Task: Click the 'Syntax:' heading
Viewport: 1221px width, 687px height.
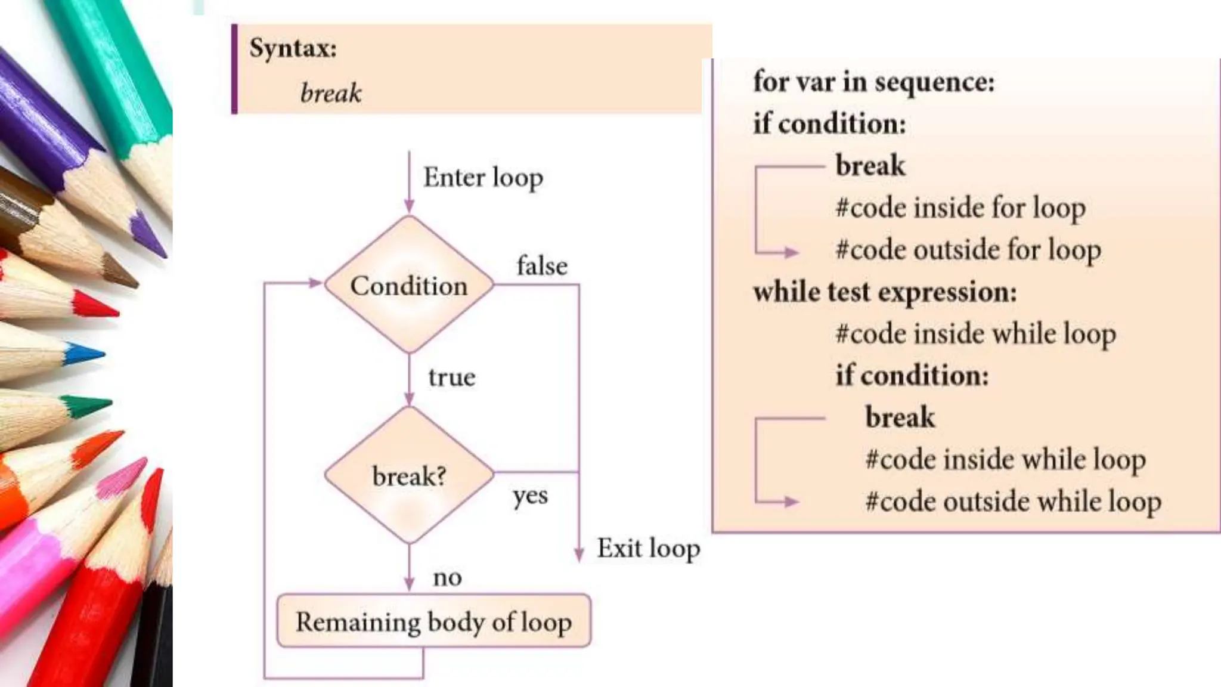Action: (293, 48)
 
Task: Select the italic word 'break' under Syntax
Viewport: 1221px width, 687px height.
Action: (331, 93)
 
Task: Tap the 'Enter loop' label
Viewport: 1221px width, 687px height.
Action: (483, 178)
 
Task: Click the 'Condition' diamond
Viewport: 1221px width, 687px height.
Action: (409, 285)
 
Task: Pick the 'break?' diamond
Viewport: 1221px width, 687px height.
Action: (409, 476)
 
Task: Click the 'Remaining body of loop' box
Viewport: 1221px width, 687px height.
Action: (433, 621)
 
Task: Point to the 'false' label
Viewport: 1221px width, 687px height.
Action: (542, 265)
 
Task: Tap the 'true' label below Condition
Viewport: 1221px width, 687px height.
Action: (452, 377)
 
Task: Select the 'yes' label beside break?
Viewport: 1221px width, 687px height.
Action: (530, 496)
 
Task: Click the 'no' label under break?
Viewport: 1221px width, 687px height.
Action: (447, 577)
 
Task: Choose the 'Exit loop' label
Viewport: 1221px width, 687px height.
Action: (649, 548)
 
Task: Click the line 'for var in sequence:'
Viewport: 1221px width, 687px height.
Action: (874, 82)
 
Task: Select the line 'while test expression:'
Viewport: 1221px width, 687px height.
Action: (885, 292)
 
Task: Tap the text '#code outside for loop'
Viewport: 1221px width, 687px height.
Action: (968, 250)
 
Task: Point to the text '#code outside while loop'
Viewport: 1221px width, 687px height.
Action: (1013, 502)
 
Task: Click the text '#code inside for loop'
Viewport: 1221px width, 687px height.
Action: (960, 208)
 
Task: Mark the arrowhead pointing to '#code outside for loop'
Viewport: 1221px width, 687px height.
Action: (792, 252)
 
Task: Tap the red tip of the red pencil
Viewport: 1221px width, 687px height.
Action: (95, 305)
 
